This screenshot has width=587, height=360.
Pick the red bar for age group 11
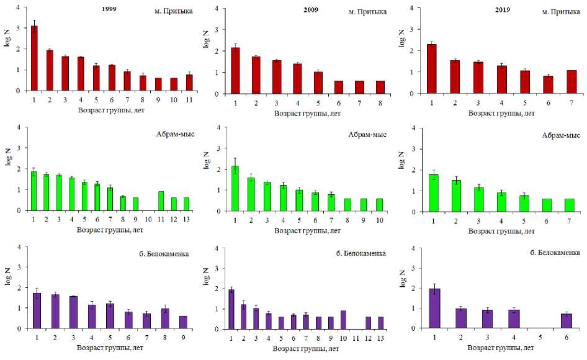[189, 83]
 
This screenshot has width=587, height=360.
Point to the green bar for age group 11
[161, 200]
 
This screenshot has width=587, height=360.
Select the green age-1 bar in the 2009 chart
[235, 188]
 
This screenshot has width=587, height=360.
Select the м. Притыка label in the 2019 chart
[553, 11]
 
